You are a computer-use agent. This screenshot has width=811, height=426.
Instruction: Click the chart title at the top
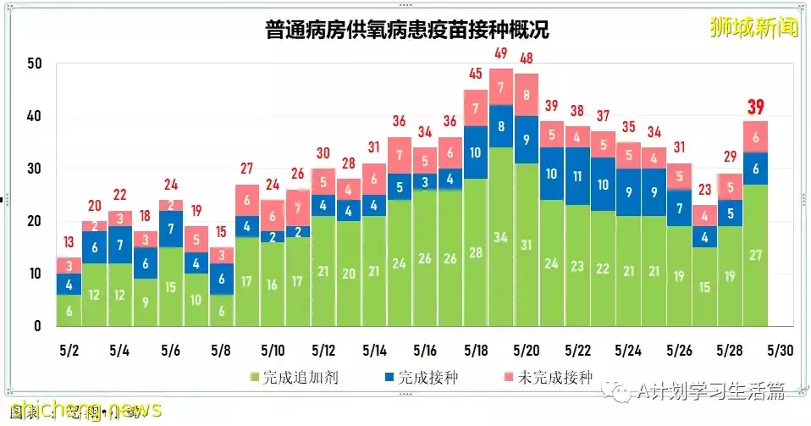pos(405,30)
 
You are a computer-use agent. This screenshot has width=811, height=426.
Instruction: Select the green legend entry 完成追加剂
pos(293,378)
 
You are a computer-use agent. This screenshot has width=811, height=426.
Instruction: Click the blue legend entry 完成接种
pos(420,378)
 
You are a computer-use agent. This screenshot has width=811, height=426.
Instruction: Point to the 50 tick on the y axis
pos(34,64)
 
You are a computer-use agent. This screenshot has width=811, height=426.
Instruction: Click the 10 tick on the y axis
pos(34,274)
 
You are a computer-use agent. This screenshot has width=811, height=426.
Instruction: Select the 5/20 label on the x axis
pos(526,351)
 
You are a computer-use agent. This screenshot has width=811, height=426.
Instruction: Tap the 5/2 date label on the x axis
pos(69,351)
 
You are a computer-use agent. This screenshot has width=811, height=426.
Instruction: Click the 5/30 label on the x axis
pos(781,351)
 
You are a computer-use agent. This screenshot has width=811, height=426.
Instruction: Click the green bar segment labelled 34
pos(500,237)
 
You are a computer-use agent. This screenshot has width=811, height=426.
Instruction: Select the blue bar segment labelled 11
pos(577,176)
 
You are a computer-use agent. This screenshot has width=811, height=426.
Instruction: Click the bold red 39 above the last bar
pos(755,107)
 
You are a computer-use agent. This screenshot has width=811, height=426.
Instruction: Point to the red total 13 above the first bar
pos(69,244)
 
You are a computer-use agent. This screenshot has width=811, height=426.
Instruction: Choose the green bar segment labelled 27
pos(755,256)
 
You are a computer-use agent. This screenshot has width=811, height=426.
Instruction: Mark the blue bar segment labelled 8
pos(500,126)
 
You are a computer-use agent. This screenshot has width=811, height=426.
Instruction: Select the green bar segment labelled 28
pos(475,252)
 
